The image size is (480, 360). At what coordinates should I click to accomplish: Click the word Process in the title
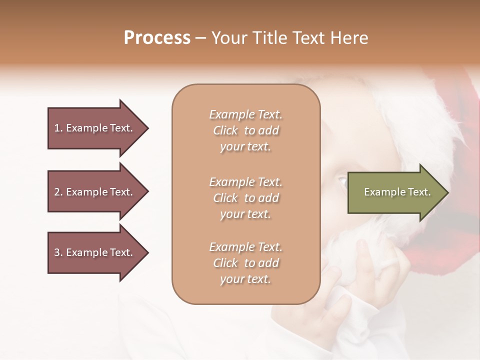coord(157,38)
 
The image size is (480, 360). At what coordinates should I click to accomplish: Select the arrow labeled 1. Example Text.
coord(94,128)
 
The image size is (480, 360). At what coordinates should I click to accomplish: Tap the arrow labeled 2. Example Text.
coord(94,192)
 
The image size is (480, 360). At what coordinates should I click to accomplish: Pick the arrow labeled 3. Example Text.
coord(94,252)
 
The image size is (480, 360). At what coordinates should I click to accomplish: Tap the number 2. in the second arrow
coord(58,192)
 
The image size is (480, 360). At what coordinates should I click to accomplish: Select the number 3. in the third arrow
coord(58,252)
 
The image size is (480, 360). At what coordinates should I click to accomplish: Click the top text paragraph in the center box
coord(246,130)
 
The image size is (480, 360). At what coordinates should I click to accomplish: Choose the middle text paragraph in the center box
coord(246,198)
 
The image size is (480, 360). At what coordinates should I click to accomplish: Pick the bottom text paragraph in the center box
coord(246,263)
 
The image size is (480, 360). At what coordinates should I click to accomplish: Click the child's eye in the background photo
coord(342,181)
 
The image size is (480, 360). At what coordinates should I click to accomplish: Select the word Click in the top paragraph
coord(225,130)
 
